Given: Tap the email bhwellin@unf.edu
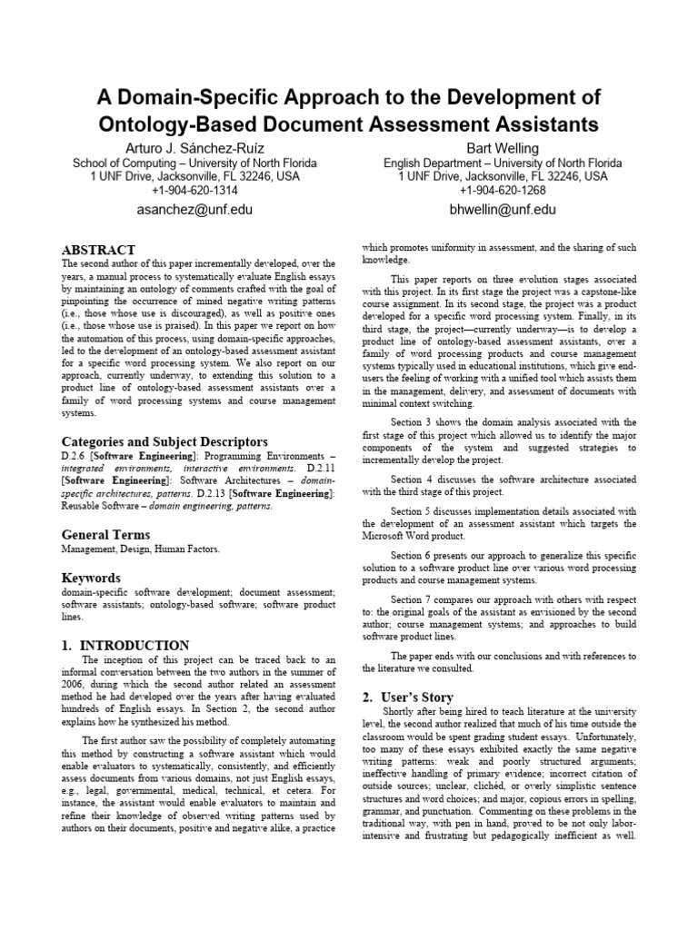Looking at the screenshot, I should (x=502, y=210).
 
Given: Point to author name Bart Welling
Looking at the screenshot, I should (x=502, y=148).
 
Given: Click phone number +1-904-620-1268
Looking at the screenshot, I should (x=502, y=191).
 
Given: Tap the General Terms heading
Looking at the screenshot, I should (x=105, y=535).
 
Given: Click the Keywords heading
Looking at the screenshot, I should (x=90, y=578).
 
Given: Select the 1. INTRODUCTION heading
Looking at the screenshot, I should (x=125, y=645).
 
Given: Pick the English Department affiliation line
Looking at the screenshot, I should (x=502, y=163).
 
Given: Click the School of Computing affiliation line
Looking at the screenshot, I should (x=194, y=163).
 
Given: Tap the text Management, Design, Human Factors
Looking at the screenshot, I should (x=140, y=550).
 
